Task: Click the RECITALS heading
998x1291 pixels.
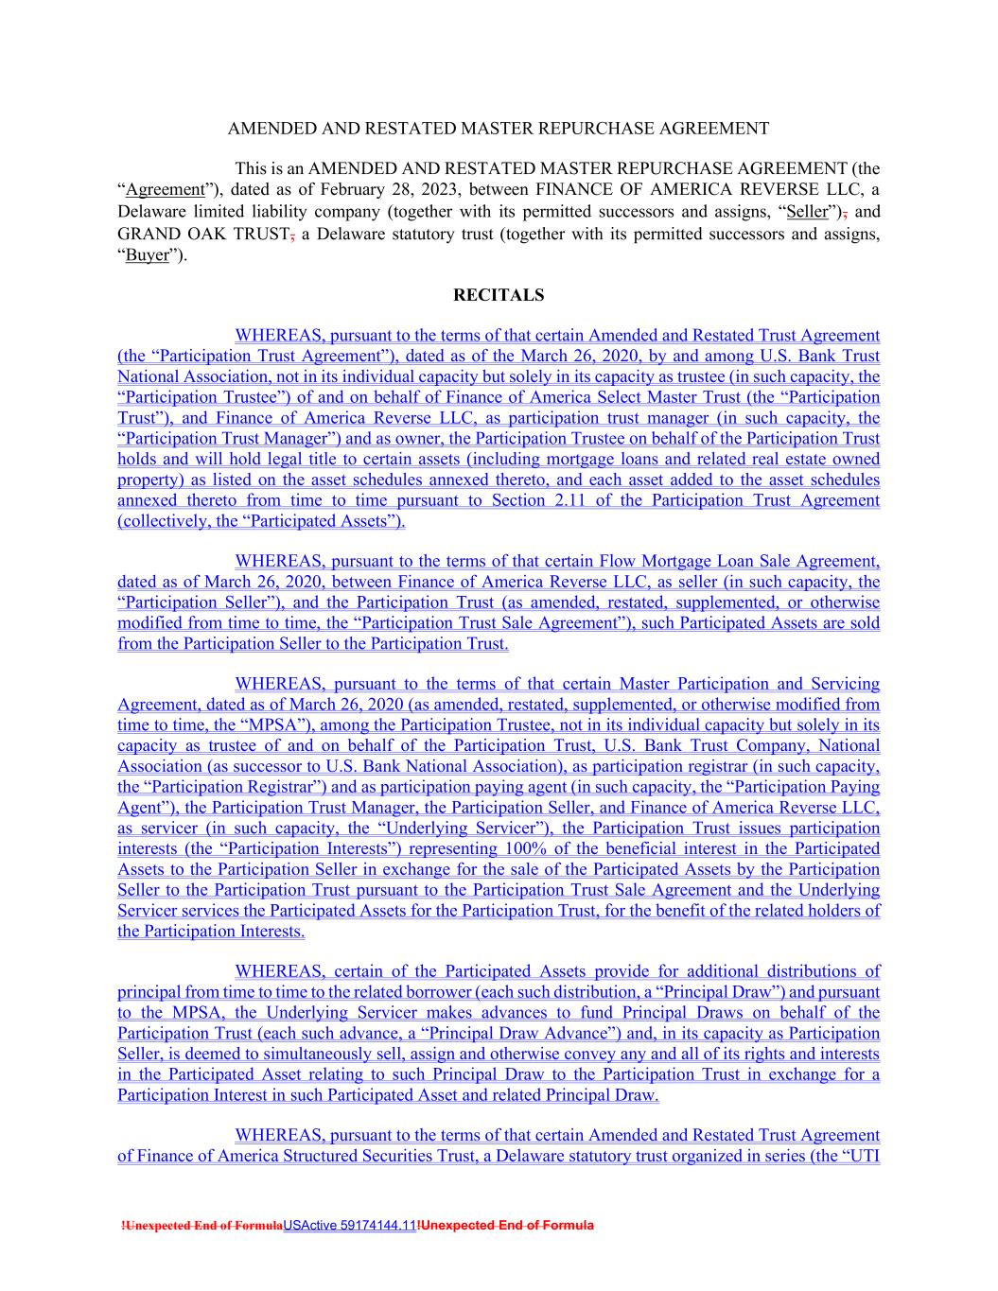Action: (x=499, y=295)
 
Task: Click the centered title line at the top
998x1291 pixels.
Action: (x=499, y=128)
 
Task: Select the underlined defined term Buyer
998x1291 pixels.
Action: (x=148, y=255)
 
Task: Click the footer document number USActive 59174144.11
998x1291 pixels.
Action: (x=349, y=1226)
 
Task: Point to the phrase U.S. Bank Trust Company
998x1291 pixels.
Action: (x=699, y=746)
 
